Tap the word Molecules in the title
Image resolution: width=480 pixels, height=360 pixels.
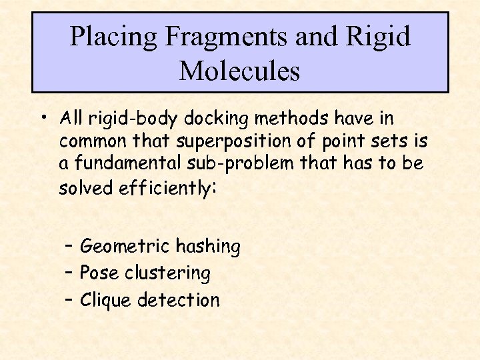239,71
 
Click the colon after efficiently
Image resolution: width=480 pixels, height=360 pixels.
213,189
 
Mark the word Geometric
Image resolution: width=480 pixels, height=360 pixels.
125,247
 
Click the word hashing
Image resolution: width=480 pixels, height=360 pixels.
207,247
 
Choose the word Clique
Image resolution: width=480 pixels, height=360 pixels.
106,300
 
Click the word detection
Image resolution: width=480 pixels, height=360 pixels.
178,300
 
